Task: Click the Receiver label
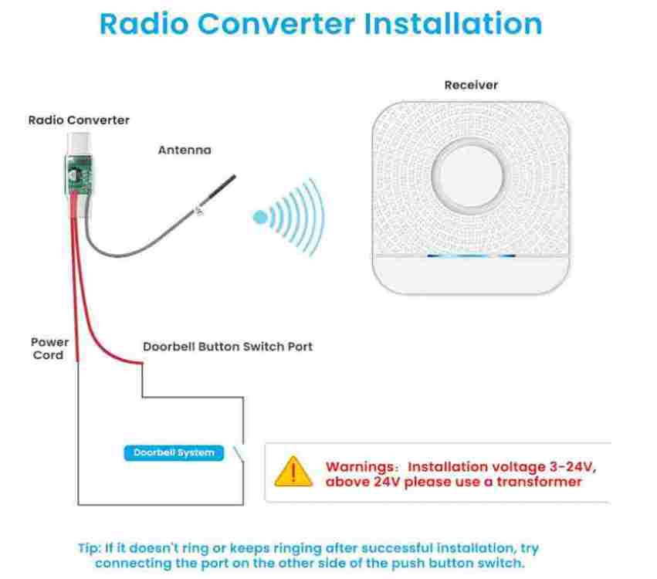[x=471, y=85]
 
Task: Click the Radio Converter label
[x=79, y=120]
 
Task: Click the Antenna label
[x=185, y=150]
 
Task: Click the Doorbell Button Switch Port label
[x=228, y=347]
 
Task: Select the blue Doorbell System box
[x=174, y=453]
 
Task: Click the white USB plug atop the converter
[x=80, y=144]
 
